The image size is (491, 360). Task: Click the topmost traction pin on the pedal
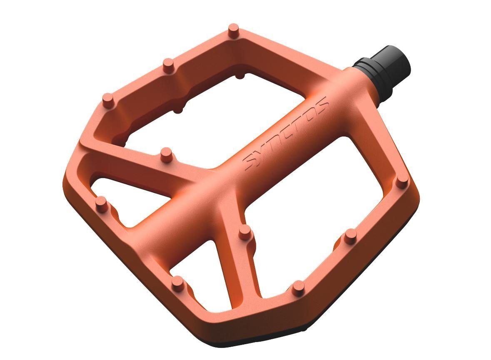click(x=234, y=31)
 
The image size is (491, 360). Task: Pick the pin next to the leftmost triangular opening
click(x=101, y=203)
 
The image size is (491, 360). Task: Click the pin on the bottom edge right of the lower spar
click(x=298, y=287)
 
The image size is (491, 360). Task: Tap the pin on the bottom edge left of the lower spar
click(x=178, y=283)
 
